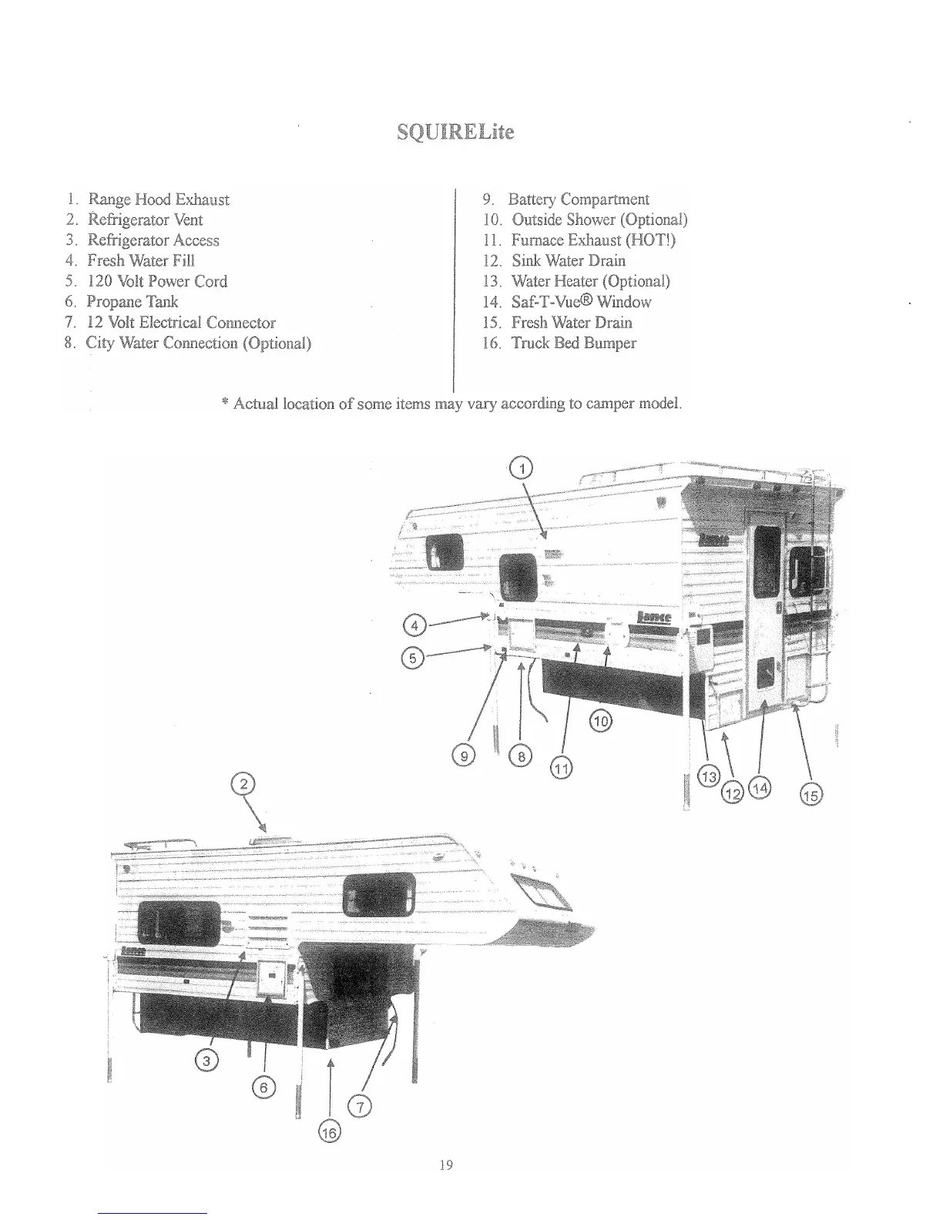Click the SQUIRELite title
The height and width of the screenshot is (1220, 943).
coord(455,132)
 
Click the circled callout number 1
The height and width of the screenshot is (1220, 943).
coord(522,468)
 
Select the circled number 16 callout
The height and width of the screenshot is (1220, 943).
coord(329,1131)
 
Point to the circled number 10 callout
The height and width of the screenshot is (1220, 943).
coord(600,721)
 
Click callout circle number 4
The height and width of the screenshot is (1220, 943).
coord(414,625)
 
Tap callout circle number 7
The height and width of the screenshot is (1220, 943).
coord(360,1108)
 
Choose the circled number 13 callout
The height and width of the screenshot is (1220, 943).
coord(707,778)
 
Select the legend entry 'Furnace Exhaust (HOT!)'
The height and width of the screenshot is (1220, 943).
coord(592,240)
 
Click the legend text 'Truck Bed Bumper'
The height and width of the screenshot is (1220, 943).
coord(573,344)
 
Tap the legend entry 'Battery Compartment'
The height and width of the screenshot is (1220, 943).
coord(578,199)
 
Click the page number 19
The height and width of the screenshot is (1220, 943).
coord(445,1165)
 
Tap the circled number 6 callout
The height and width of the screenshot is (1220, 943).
coord(263,1087)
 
